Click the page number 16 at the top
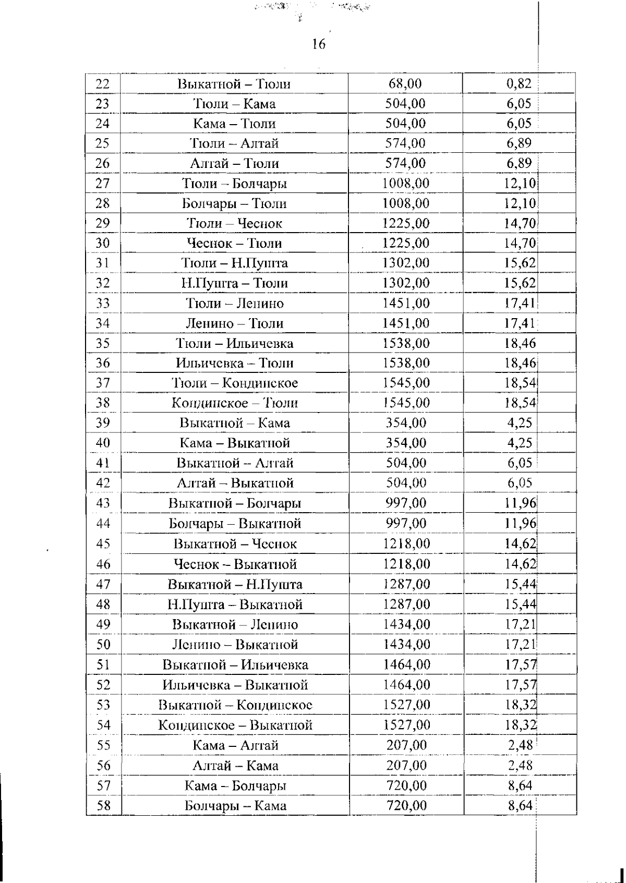click(x=319, y=44)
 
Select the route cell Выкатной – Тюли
click(x=234, y=84)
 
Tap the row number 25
click(x=103, y=143)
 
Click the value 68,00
click(x=405, y=83)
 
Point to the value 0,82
click(x=519, y=83)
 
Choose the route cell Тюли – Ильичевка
click(x=234, y=344)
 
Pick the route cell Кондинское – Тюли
click(x=234, y=403)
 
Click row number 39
click(x=103, y=423)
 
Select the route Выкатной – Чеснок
click(x=235, y=544)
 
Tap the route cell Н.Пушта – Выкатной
click(x=235, y=604)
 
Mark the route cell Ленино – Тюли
click(x=234, y=323)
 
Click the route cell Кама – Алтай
click(x=235, y=745)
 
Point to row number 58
click(x=104, y=806)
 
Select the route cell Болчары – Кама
click(x=235, y=806)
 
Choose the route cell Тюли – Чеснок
click(x=234, y=224)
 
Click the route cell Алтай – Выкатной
click(x=235, y=483)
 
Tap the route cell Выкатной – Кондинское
click(x=235, y=705)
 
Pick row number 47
click(x=103, y=585)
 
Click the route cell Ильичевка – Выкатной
click(x=235, y=685)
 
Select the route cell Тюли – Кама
click(x=234, y=104)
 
